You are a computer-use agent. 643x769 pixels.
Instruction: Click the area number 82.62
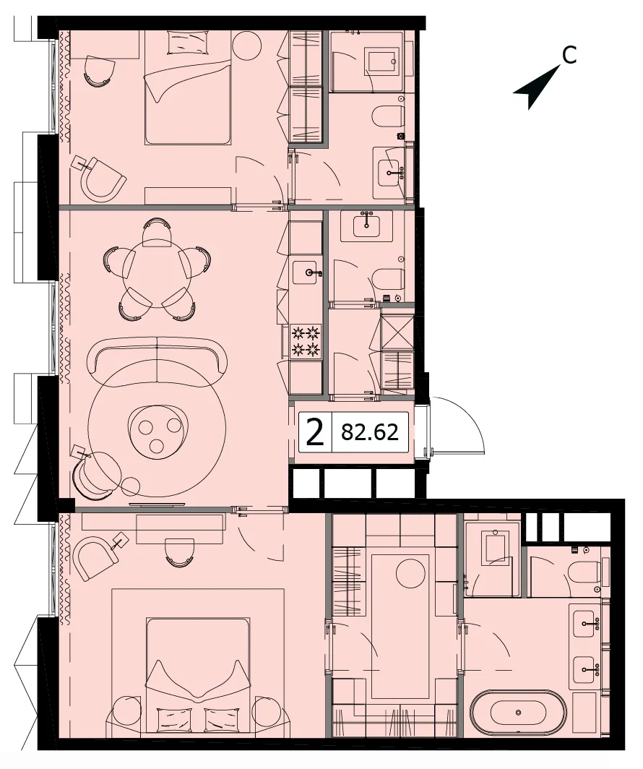click(x=369, y=432)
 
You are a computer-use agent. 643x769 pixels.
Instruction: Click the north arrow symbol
click(x=537, y=87)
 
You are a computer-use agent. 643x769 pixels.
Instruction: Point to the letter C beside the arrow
click(x=569, y=55)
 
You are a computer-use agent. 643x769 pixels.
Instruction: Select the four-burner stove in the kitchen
click(x=306, y=342)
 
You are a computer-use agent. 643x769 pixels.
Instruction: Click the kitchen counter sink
click(x=307, y=272)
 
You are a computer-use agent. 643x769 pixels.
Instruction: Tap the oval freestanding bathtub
click(x=519, y=713)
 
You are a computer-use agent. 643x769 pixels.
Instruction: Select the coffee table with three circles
click(x=157, y=431)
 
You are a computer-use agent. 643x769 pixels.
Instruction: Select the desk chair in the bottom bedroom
click(x=178, y=551)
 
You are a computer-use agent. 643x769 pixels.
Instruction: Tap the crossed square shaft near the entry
click(x=397, y=332)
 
